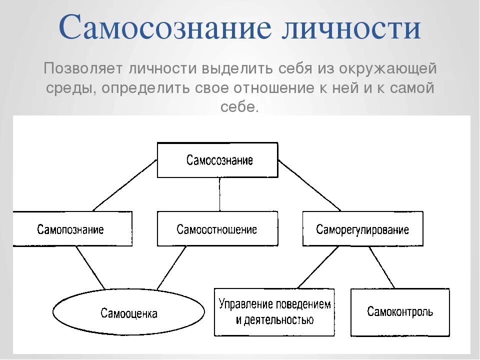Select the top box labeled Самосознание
click(217, 160)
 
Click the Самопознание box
click(71, 229)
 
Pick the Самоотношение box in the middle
click(217, 229)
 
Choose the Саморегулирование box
click(362, 229)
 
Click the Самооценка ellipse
click(129, 313)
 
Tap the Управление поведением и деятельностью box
click(274, 312)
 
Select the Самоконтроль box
click(400, 312)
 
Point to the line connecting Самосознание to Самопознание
click(125, 185)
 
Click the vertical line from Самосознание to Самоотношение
click(219, 195)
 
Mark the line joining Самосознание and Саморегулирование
click(309, 185)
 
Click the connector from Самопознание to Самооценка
click(90, 267)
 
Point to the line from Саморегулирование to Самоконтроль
click(381, 267)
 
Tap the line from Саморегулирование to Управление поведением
click(317, 267)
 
